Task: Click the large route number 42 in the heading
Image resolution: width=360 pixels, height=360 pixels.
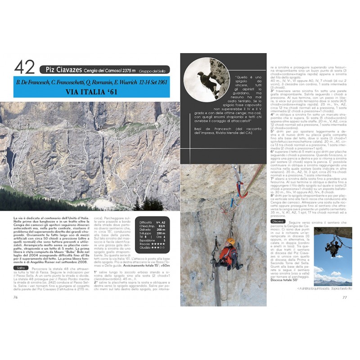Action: pyautogui.click(x=24, y=67)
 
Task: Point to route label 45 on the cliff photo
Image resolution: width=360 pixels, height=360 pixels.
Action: pyautogui.click(x=68, y=124)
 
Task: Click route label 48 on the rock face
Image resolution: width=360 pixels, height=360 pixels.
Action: pyautogui.click(x=116, y=130)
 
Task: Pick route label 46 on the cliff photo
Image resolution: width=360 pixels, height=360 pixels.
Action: pyautogui.click(x=85, y=126)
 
